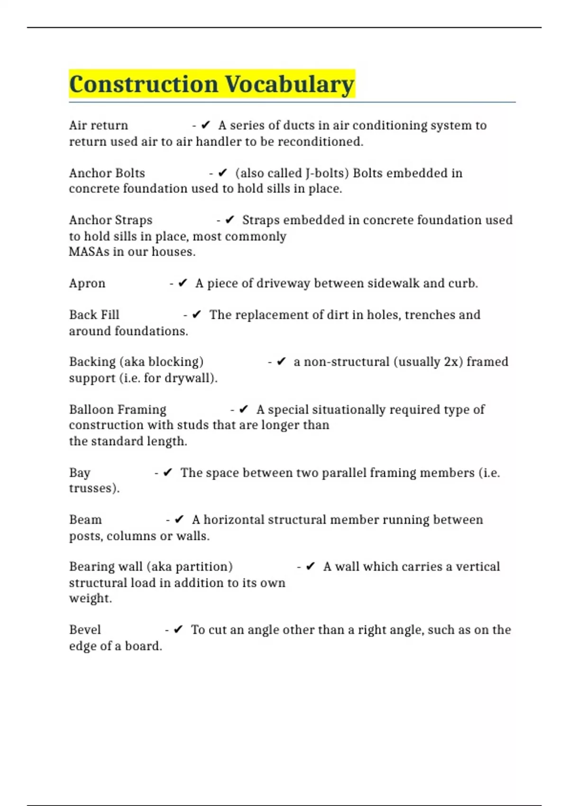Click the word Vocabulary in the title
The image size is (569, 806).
tap(289, 84)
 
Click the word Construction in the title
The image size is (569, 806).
tap(144, 84)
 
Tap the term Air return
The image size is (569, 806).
tap(99, 126)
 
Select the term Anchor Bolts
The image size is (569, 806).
tap(107, 173)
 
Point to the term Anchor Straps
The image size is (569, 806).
tap(110, 220)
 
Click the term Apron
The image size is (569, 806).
tap(87, 284)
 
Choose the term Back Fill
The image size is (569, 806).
tap(94, 315)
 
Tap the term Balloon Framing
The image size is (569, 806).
tap(118, 410)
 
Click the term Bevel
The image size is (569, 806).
tap(85, 630)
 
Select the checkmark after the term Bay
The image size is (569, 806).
tap(168, 473)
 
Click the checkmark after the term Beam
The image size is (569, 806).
tap(179, 520)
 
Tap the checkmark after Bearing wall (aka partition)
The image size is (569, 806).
tap(311, 567)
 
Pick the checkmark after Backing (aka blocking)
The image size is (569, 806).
tap(281, 362)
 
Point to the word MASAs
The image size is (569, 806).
tap(89, 252)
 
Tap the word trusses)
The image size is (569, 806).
tap(94, 488)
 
